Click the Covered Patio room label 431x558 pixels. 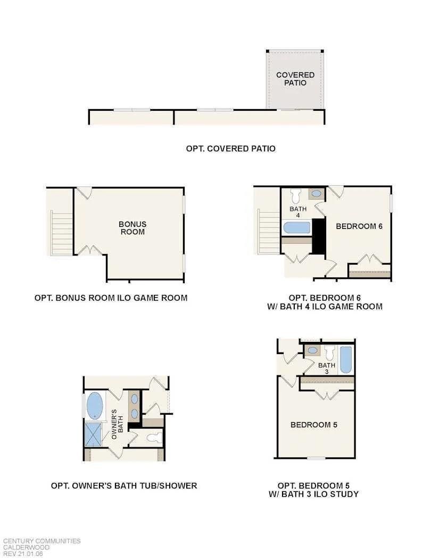click(295, 79)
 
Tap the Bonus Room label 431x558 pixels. click(132, 228)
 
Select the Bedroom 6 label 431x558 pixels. click(359, 226)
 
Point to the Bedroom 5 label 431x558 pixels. click(313, 425)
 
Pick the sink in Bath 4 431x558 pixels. click(316, 193)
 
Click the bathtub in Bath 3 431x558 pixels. click(346, 360)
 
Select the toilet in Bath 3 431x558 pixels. click(329, 352)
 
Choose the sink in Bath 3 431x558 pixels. click(312, 351)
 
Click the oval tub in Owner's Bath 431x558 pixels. click(95, 405)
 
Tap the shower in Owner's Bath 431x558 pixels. click(94, 434)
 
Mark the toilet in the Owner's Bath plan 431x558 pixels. click(154, 438)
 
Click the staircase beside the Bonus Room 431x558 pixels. click(61, 233)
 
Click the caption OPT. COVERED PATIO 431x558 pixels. click(230, 149)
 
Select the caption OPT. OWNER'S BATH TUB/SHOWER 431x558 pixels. click(124, 486)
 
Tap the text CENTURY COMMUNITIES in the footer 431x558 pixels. click(41, 541)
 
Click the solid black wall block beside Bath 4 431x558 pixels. click(319, 236)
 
